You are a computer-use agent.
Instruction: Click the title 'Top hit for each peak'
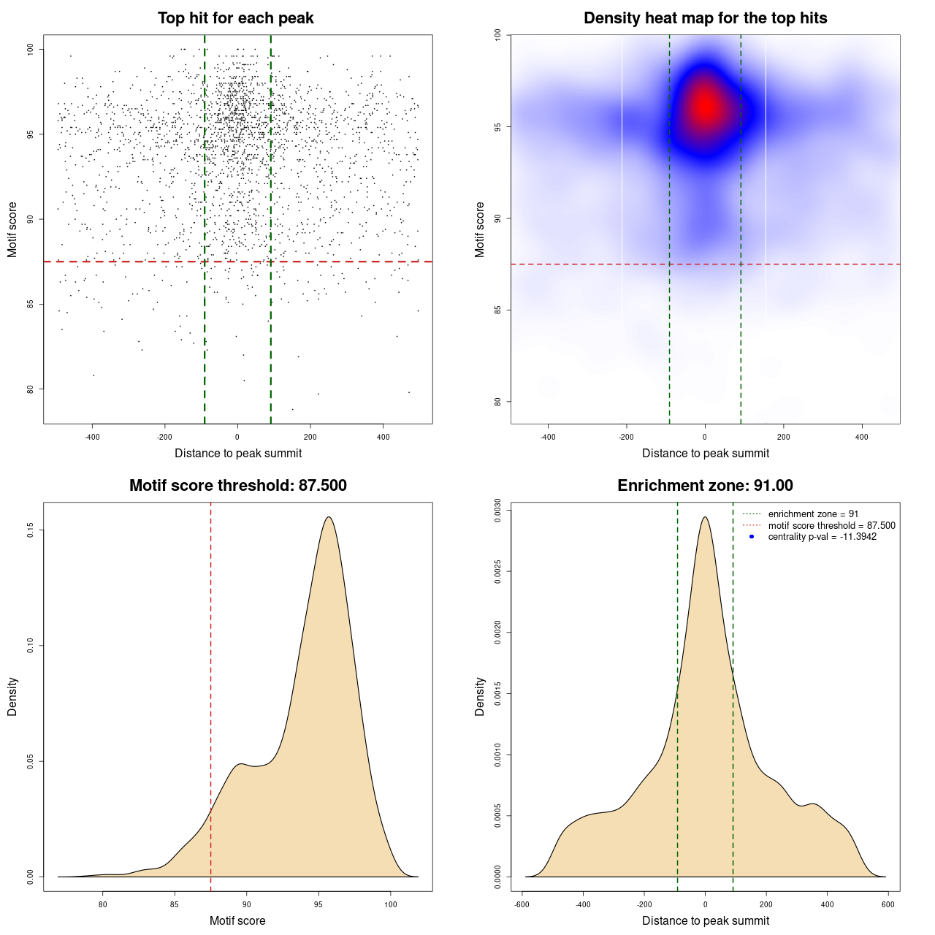point(235,18)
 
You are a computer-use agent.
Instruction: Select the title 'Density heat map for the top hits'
point(705,18)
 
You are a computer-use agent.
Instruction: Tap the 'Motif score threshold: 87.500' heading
point(237,486)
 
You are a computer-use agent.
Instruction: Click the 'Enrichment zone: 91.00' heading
point(705,486)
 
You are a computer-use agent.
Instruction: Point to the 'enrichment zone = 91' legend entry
point(813,514)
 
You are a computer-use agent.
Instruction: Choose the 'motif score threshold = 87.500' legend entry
point(831,525)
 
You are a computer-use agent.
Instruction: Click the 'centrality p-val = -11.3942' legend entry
point(822,537)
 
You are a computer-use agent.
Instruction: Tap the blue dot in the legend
point(752,537)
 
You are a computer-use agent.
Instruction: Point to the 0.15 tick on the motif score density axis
point(31,530)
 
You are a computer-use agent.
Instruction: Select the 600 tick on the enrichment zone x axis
point(888,904)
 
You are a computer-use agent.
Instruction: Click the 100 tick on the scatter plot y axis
point(31,49)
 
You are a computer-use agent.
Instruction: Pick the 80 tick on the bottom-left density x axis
point(103,904)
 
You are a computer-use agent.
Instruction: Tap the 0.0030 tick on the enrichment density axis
point(498,510)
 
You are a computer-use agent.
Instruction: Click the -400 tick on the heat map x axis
point(548,437)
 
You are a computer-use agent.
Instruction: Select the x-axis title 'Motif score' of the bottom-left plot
point(237,920)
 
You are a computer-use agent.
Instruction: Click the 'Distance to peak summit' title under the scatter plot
point(238,453)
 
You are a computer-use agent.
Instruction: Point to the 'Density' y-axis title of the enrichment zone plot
point(480,696)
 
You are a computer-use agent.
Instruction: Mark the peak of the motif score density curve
point(329,517)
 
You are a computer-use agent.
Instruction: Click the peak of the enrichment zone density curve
point(705,517)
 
